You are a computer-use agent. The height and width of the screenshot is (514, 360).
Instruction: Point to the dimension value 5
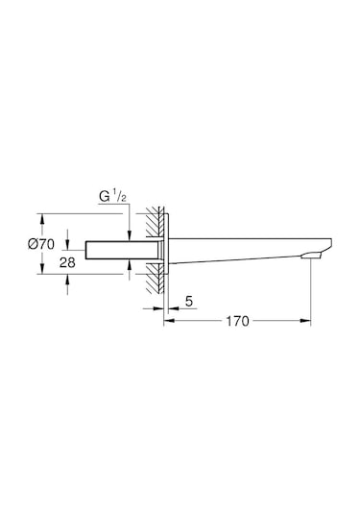[x=189, y=302]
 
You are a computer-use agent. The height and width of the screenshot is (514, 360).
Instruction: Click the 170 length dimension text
[x=238, y=321]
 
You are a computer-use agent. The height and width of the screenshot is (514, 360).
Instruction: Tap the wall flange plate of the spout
[x=166, y=252]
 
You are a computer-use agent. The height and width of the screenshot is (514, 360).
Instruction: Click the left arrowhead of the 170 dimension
[x=168, y=321]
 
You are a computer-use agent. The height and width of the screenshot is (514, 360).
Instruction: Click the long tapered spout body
[x=240, y=249]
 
